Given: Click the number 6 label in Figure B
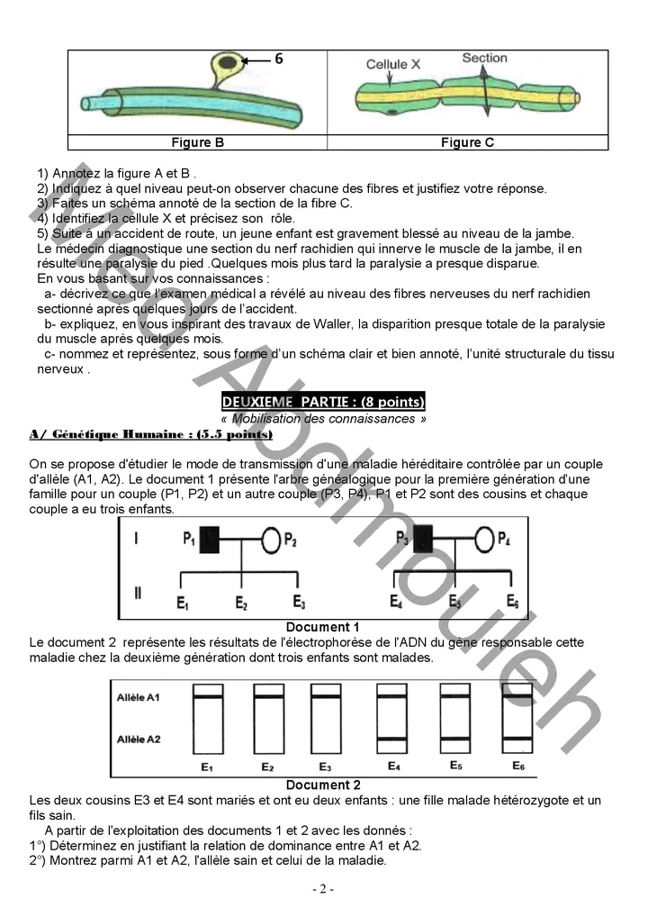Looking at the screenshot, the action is (x=279, y=59).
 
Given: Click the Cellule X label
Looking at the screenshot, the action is (x=392, y=64).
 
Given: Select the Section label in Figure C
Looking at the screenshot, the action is (x=484, y=58).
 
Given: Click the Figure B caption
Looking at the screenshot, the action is (x=197, y=142).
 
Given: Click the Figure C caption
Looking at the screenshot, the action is (x=467, y=142).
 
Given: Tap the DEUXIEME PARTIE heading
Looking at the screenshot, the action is (x=323, y=402).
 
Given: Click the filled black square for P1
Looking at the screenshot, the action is (x=209, y=540).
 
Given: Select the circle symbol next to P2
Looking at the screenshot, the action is (x=271, y=540).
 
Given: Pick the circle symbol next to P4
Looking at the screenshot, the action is (x=484, y=540).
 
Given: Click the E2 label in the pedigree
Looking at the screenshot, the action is (x=241, y=603).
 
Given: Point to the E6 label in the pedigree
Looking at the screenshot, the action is (x=512, y=601).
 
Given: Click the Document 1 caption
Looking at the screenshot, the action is (x=322, y=627).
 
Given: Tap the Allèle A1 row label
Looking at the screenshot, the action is (x=138, y=697).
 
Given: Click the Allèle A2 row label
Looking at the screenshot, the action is (x=139, y=740).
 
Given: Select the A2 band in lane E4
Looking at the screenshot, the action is (x=392, y=740).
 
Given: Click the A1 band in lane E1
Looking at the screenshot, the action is (x=208, y=697).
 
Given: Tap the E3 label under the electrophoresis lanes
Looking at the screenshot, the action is (x=325, y=767).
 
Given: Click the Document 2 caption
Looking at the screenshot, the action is (x=323, y=785).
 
